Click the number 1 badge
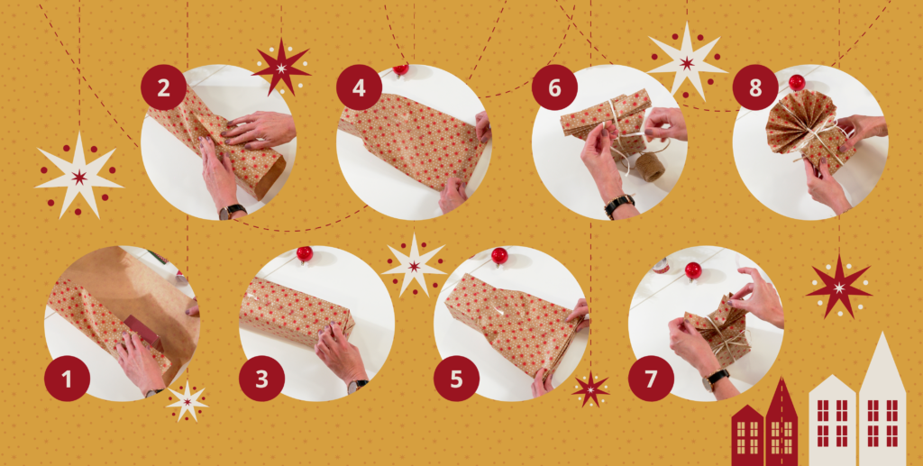coord(67,379)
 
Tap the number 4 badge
coord(359,87)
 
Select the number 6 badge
coord(554,87)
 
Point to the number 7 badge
coord(651,379)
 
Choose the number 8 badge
coord(755,87)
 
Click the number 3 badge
coord(262,379)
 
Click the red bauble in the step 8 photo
coord(797,82)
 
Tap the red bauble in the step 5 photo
coord(499,255)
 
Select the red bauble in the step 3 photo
coord(305,253)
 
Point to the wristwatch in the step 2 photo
coord(232,212)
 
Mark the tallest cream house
coord(882,399)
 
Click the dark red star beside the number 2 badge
coord(281,68)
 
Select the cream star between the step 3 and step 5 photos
coord(415,266)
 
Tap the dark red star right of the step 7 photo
coord(839,288)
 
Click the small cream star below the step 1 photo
coord(187,402)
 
